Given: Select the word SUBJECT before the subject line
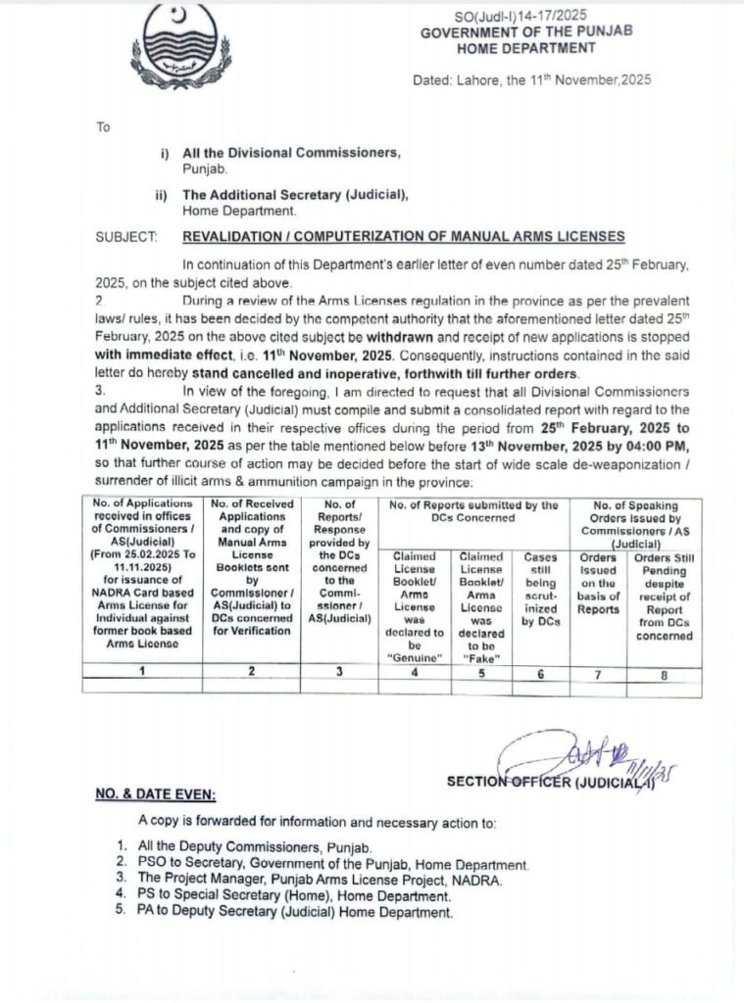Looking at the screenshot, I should coord(126,237).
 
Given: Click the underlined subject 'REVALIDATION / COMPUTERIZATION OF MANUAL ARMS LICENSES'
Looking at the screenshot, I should coord(403,237).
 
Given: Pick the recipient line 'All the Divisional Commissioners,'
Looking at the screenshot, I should coord(291,154).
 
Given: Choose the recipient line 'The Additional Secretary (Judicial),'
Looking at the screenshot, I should coord(295,195).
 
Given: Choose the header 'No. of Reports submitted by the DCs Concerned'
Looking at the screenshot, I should coord(473,512).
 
